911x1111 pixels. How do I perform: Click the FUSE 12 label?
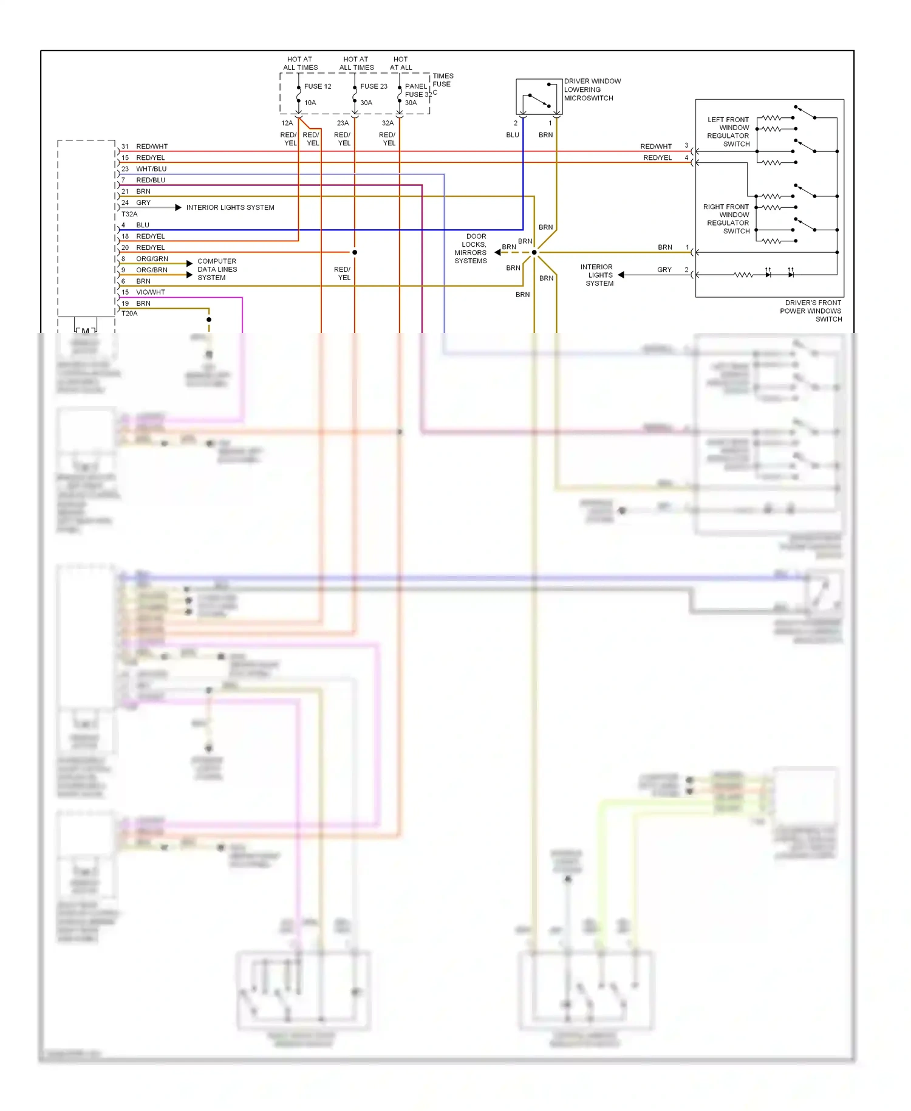[318, 86]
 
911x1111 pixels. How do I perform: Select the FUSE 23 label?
[374, 86]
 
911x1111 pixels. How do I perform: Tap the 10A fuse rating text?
[310, 103]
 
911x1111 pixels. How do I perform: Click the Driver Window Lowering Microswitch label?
[592, 89]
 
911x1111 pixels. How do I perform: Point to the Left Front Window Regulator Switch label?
[728, 132]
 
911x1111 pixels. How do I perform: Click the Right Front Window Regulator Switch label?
[727, 219]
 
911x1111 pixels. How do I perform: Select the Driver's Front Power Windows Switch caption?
[811, 311]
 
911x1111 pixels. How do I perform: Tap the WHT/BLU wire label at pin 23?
[151, 169]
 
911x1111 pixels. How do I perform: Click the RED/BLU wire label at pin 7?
[151, 180]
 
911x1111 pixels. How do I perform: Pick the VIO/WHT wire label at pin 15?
[150, 292]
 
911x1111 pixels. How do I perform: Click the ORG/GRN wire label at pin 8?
[152, 259]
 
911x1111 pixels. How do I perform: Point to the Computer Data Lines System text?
[217, 269]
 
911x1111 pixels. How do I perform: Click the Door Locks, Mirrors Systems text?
[471, 249]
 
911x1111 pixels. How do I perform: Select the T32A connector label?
[129, 214]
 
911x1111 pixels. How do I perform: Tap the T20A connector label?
[129, 314]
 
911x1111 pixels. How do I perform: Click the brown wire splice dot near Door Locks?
[534, 252]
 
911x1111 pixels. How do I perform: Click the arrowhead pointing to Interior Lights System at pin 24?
[178, 208]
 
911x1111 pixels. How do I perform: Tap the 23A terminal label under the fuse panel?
[343, 123]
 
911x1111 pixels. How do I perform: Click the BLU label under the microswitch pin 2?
[513, 135]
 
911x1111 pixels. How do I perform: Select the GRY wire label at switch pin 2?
[664, 270]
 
